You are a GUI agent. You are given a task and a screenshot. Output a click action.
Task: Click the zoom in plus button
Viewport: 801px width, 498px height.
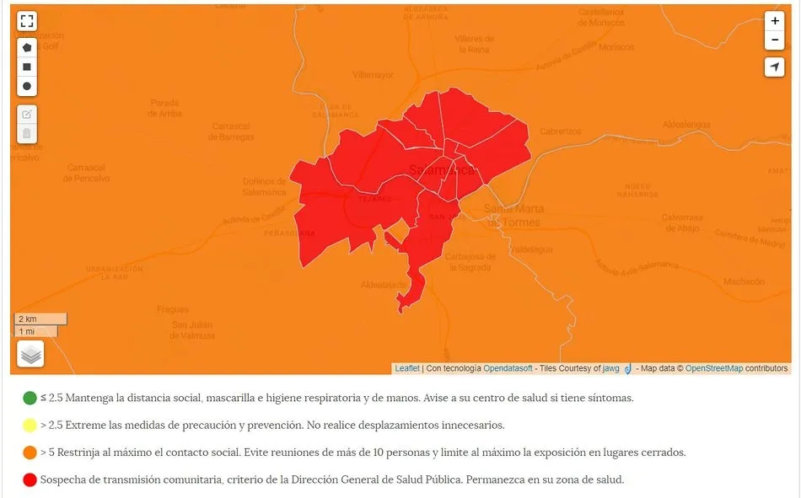775,21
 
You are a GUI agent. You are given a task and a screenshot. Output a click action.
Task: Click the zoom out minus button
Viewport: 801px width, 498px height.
775,40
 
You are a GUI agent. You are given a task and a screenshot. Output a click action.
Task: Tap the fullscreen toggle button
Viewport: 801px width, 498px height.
27,22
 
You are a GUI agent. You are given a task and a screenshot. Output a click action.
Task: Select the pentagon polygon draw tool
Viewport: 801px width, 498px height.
27,47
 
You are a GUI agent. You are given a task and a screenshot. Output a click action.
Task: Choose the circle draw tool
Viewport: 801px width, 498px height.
27,86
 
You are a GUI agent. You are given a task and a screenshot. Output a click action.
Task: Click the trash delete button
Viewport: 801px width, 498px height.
27,133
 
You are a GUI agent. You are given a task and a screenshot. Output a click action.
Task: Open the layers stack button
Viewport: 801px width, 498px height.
30,355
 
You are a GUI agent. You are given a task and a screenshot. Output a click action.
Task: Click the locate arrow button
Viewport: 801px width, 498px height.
775,67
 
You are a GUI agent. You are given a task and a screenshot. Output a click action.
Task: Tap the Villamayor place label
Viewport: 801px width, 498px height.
373,75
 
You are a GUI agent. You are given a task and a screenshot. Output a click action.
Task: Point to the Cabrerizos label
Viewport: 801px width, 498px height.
561,131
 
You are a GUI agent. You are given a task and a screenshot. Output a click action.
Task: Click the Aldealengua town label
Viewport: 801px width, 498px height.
686,124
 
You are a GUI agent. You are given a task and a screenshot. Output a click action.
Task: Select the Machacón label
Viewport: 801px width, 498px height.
744,281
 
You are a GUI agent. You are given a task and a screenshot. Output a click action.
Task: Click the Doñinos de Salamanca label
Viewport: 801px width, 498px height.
264,186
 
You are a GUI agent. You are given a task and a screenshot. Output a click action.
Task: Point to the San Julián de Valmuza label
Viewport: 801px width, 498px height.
193,330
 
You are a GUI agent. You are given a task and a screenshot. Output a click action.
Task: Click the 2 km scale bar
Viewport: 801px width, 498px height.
40,319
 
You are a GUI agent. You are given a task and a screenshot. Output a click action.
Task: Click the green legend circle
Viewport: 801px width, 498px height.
30,398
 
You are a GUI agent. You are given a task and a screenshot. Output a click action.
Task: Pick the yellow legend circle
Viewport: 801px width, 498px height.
30,425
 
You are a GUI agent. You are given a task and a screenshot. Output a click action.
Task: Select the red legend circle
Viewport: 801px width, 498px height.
30,479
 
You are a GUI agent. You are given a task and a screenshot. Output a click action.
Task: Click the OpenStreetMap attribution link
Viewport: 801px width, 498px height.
713,368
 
